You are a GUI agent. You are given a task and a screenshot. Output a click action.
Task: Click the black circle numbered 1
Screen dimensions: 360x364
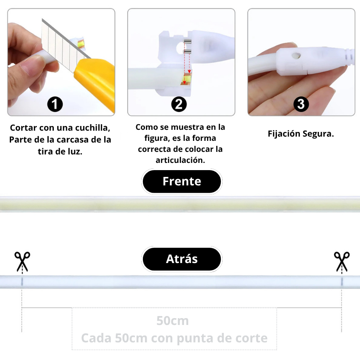tap(55, 104)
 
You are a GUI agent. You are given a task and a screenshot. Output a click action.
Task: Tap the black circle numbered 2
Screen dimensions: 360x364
tap(179, 104)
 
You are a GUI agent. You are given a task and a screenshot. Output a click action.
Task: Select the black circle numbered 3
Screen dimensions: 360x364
tap(301, 104)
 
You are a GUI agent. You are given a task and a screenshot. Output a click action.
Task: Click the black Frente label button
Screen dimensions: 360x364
tap(182, 181)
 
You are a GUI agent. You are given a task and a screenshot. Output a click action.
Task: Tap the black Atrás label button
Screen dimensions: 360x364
tap(182, 259)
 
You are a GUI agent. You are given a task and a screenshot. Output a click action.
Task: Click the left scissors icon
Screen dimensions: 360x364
tap(22, 261)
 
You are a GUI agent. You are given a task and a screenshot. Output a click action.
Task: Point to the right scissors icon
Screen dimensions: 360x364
tap(342, 261)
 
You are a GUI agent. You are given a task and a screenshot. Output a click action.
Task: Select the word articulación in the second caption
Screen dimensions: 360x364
tap(180, 160)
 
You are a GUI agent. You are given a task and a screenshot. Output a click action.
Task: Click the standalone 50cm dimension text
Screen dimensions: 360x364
tap(173, 321)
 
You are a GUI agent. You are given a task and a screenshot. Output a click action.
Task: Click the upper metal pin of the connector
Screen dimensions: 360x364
tap(187, 42)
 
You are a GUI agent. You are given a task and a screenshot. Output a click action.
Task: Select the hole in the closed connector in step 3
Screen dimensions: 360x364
tap(296, 56)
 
